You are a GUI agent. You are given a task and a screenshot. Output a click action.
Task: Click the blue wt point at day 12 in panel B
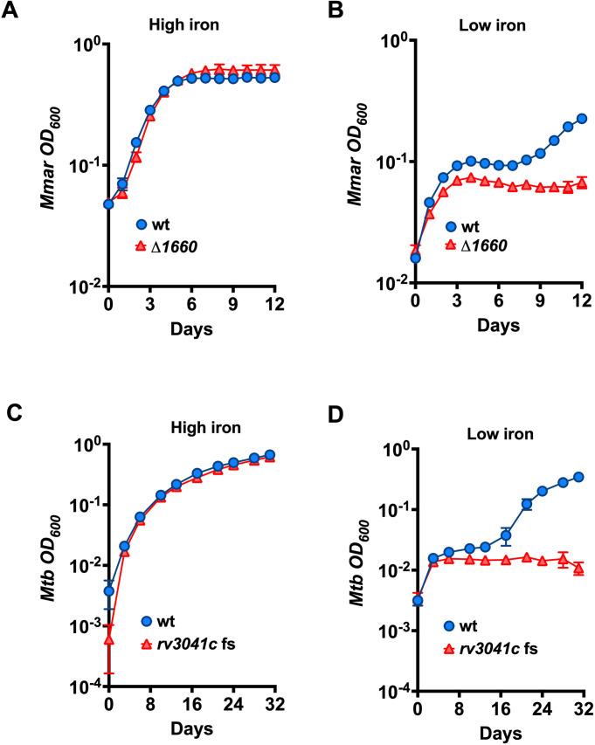[x=582, y=118]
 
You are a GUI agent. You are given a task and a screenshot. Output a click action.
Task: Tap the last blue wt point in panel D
[x=579, y=477]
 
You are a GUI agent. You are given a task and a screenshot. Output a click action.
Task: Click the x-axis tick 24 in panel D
[x=539, y=707]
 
